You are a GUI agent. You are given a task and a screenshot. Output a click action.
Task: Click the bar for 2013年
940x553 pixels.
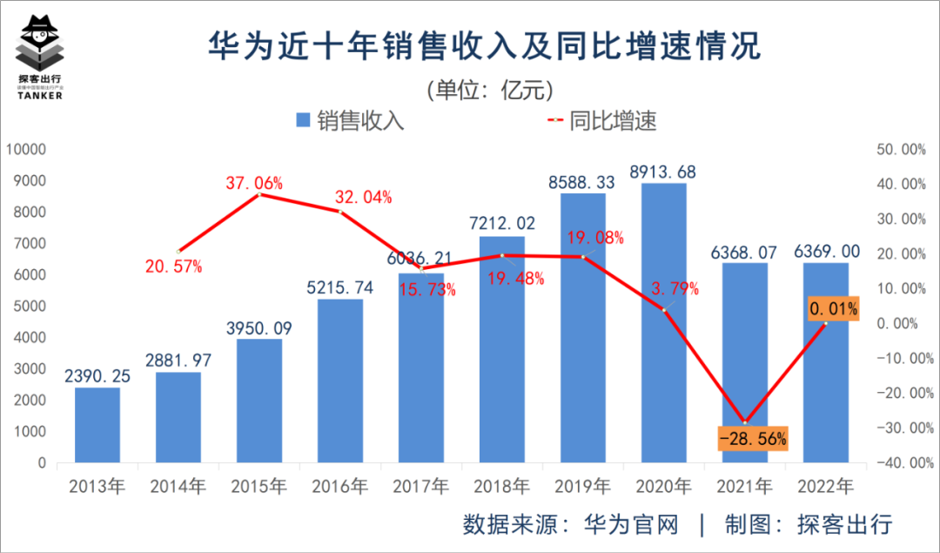(97, 425)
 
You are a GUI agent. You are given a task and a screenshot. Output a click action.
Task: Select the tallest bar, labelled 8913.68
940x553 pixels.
(664, 322)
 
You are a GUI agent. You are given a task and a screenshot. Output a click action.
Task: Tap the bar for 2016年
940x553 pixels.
(340, 381)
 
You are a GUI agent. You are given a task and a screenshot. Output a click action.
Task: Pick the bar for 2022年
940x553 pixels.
(826, 362)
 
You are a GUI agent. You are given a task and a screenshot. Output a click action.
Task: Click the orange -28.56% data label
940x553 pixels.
(753, 438)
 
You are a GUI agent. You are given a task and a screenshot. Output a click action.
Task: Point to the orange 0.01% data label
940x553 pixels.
(834, 308)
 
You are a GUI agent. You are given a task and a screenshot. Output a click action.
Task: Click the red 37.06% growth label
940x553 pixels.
(254, 183)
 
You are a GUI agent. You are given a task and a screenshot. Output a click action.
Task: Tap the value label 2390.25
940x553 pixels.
(97, 375)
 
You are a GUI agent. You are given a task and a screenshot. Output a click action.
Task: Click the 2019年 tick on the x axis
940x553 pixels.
(583, 486)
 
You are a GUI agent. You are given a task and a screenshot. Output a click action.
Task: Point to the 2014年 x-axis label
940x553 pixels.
(178, 486)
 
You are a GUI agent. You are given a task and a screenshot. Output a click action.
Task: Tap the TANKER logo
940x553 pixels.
(40, 57)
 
